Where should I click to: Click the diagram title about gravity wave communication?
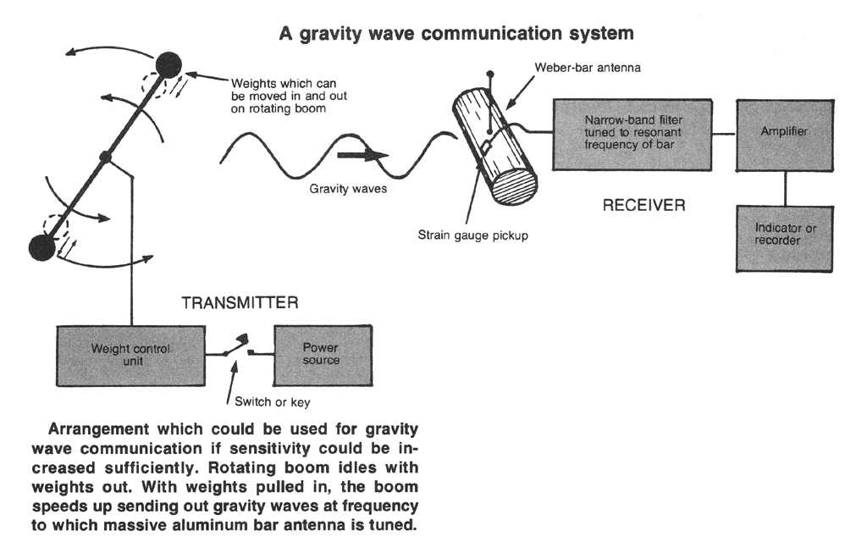(x=455, y=35)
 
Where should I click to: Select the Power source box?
(x=322, y=353)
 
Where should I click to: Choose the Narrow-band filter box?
(x=630, y=134)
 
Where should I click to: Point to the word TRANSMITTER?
(x=241, y=303)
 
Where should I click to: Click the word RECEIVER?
(x=643, y=205)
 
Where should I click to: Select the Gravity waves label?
(x=348, y=188)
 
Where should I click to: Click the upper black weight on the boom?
(x=170, y=64)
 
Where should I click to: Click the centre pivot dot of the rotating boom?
(x=106, y=157)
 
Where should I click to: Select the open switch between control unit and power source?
(x=240, y=346)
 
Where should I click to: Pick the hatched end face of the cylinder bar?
(x=513, y=188)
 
